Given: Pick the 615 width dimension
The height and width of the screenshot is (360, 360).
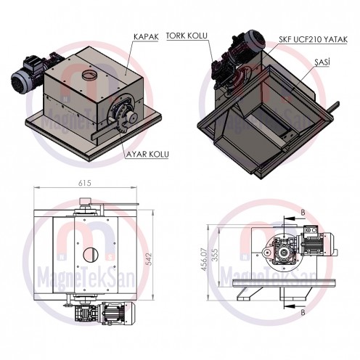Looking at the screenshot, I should point(86,184).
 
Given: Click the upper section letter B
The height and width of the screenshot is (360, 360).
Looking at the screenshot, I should point(302,211).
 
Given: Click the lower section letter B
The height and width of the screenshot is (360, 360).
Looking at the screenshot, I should point(302,314).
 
